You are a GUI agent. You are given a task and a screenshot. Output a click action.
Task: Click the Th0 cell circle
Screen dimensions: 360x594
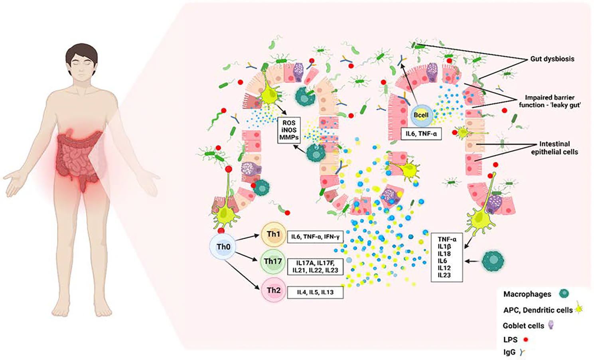coord(223,247)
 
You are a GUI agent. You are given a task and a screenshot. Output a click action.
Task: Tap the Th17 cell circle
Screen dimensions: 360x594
coord(273,262)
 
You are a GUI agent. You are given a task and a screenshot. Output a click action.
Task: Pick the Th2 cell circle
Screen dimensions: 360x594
coord(273,291)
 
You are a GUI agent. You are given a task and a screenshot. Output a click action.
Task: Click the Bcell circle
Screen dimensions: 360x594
coord(421,115)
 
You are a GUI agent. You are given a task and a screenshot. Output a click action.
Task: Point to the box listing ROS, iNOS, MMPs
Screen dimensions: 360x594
coord(289,130)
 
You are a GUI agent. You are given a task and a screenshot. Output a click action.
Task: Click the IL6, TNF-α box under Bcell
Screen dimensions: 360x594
coord(421,134)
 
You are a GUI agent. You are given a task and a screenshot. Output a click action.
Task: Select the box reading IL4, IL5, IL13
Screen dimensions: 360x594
coord(315,292)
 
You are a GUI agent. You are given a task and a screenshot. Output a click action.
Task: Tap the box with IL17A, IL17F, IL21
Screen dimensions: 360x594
coord(315,266)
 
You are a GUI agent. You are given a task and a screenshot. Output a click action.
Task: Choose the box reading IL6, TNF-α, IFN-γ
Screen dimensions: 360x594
coord(315,237)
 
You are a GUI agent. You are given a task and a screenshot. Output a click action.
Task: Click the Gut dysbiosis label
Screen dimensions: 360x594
coord(552,59)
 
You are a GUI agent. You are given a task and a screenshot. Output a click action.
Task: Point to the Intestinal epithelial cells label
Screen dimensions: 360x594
coord(554,148)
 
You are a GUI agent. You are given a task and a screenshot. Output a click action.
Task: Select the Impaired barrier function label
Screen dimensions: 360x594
coord(549,101)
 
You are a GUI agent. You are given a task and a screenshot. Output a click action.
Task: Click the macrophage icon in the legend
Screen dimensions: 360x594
coord(564,294)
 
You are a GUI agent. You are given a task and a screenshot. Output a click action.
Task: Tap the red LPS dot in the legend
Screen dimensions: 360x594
coord(526,340)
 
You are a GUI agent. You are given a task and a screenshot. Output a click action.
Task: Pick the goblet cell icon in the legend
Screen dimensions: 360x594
coord(551,325)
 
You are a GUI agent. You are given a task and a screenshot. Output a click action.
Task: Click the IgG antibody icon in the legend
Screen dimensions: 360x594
coord(522,352)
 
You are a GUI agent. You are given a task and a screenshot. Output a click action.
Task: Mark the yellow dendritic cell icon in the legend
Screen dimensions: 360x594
coord(579,309)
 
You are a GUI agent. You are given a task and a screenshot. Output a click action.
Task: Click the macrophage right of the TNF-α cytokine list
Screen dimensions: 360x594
coord(493,261)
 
